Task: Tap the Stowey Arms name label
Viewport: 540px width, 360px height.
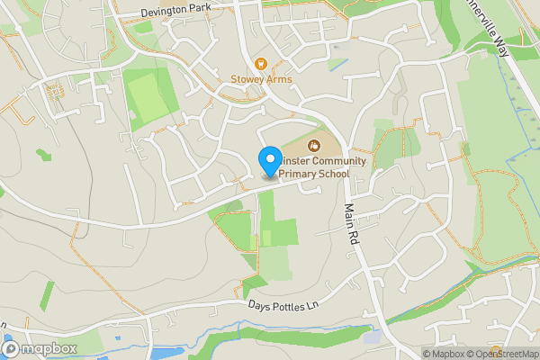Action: [261, 79]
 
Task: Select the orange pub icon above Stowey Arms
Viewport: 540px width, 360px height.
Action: [261, 63]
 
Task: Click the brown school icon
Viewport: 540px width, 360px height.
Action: [314, 144]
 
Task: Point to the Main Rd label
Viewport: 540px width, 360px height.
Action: [352, 225]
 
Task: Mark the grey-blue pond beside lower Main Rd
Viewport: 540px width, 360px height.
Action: [372, 337]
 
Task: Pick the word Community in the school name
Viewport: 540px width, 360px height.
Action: [334, 161]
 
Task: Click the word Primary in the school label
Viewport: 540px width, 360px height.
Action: [301, 175]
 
